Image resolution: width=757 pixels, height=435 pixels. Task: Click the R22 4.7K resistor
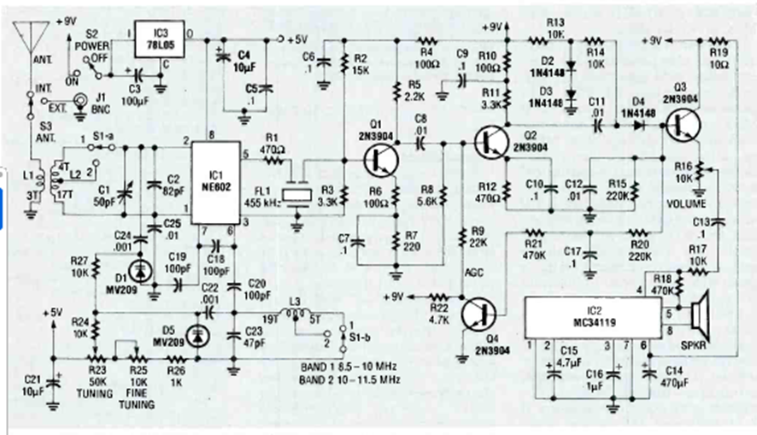tap(436, 297)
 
